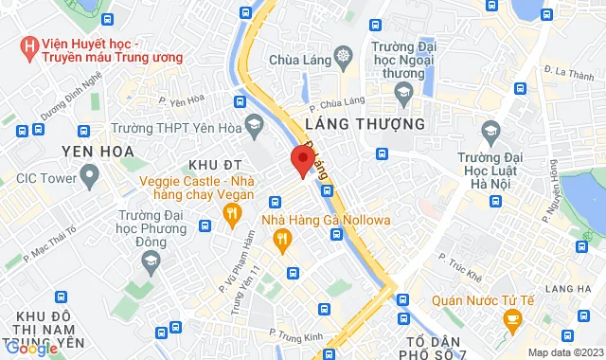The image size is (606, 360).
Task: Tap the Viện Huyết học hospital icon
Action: pyautogui.click(x=29, y=45)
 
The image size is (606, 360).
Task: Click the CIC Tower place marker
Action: pyautogui.click(x=91, y=174)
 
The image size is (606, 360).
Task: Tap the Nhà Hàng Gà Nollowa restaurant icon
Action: pyautogui.click(x=281, y=243)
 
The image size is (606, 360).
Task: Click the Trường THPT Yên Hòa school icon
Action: pyautogui.click(x=254, y=123)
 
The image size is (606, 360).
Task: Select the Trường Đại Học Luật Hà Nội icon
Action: pyautogui.click(x=490, y=128)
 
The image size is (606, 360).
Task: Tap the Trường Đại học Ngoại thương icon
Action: pyautogui.click(x=404, y=91)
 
